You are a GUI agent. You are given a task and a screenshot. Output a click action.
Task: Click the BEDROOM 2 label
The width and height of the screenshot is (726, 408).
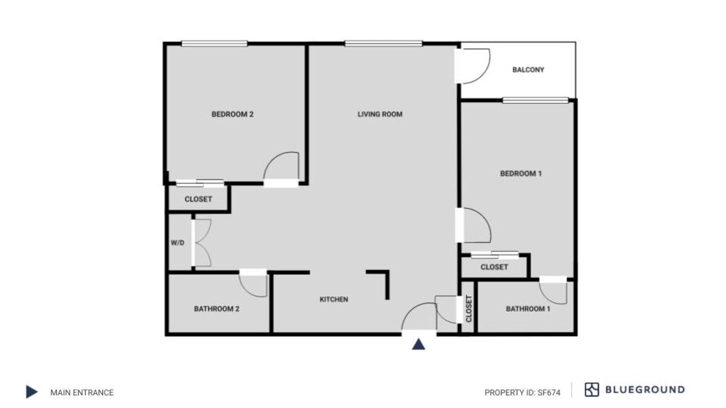point(232,114)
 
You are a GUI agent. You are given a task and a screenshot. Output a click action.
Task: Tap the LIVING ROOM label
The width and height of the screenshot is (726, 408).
point(380,114)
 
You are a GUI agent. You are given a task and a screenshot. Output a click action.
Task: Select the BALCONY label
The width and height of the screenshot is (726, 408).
point(528,70)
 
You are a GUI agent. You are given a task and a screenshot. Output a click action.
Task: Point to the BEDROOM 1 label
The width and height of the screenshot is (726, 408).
point(521,174)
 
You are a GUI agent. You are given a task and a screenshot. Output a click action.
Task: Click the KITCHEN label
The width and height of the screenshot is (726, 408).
point(333,299)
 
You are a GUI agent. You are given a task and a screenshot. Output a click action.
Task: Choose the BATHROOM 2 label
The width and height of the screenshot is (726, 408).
point(216,309)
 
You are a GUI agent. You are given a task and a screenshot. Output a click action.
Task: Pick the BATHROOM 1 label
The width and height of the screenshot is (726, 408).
point(528,309)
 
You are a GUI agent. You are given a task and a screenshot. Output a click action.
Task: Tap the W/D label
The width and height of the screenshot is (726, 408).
point(177,243)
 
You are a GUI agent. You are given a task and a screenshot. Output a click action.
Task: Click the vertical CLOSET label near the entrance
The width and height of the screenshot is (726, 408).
point(468,308)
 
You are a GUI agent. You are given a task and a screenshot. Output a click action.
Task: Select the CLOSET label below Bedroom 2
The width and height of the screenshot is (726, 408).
point(198,199)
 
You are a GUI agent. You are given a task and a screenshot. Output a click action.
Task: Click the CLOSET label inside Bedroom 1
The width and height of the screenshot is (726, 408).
point(494,267)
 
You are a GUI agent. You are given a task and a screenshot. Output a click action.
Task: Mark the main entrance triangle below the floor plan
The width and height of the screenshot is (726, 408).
point(418,344)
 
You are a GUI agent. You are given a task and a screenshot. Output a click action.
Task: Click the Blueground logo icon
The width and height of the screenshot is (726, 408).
point(591,389)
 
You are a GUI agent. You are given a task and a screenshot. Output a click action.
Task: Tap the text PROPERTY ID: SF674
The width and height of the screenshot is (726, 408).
point(522,392)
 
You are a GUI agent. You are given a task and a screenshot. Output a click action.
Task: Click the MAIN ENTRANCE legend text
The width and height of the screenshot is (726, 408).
point(82,392)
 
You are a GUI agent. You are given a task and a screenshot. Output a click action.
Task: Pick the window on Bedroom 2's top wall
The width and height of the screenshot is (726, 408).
point(214,44)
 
